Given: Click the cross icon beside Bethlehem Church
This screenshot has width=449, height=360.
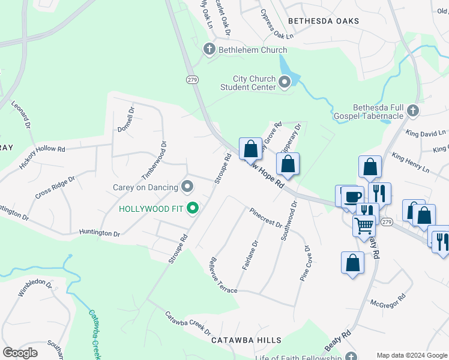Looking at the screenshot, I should pos(209,50).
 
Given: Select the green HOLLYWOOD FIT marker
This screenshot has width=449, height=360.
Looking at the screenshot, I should pos(193,209).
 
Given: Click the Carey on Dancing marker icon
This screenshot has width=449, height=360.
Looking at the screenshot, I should pos(187,187).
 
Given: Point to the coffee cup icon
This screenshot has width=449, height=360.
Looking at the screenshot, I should pos(353,197).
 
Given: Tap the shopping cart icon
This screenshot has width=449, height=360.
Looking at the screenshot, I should pos(364,226).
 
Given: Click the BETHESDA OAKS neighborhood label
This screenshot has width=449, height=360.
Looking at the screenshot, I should pos(324,21).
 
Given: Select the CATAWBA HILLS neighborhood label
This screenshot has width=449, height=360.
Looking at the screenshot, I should pos(246,340).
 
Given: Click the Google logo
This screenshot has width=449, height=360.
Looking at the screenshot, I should pos(20,353).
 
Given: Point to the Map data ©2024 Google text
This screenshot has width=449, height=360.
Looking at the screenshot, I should pos(411,355).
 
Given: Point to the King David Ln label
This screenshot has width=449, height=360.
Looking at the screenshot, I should pos(426,133).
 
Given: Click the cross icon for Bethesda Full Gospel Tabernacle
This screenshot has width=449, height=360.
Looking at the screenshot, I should pos(412,110).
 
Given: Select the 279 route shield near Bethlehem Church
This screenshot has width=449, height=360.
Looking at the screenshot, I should pos(192,79).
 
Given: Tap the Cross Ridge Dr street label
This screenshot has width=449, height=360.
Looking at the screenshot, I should pos(55,188).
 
